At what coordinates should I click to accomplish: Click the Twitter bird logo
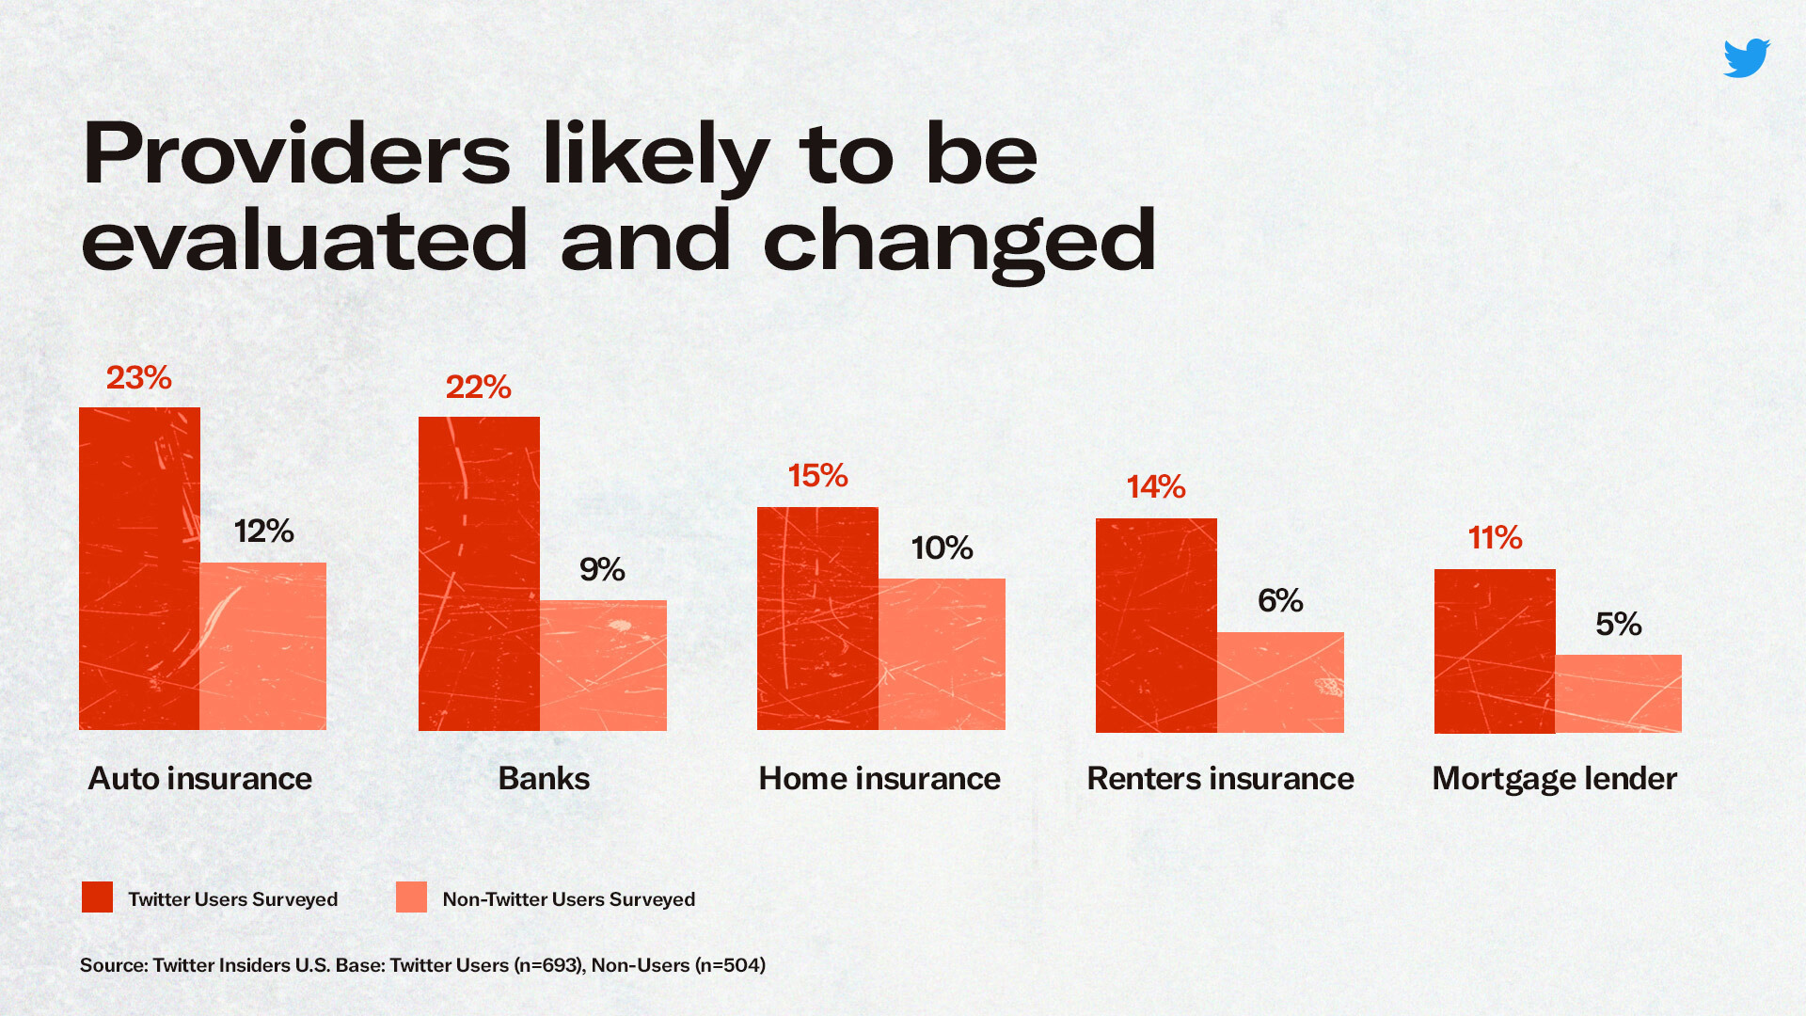tap(1747, 58)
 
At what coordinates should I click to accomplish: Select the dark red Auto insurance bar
tap(139, 568)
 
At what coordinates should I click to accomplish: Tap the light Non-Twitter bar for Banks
tap(603, 665)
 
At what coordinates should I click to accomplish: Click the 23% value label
tap(139, 378)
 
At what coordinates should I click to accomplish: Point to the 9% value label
tap(602, 569)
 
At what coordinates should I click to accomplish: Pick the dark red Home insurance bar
tap(817, 618)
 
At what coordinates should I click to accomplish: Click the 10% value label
tap(942, 548)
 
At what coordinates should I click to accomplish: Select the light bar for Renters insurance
tap(1280, 682)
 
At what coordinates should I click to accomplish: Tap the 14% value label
tap(1156, 486)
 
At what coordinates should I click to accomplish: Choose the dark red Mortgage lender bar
tap(1495, 651)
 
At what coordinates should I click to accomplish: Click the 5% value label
tap(1619, 624)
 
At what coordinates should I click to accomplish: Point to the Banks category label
tap(544, 779)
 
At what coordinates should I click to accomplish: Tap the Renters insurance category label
tap(1220, 779)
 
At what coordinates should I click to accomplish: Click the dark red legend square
tap(97, 897)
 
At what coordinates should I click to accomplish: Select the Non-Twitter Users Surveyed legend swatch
tap(411, 897)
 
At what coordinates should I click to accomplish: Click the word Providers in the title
tap(296, 153)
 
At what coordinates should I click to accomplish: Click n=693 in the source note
tap(549, 965)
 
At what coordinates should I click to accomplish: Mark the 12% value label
tap(264, 532)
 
